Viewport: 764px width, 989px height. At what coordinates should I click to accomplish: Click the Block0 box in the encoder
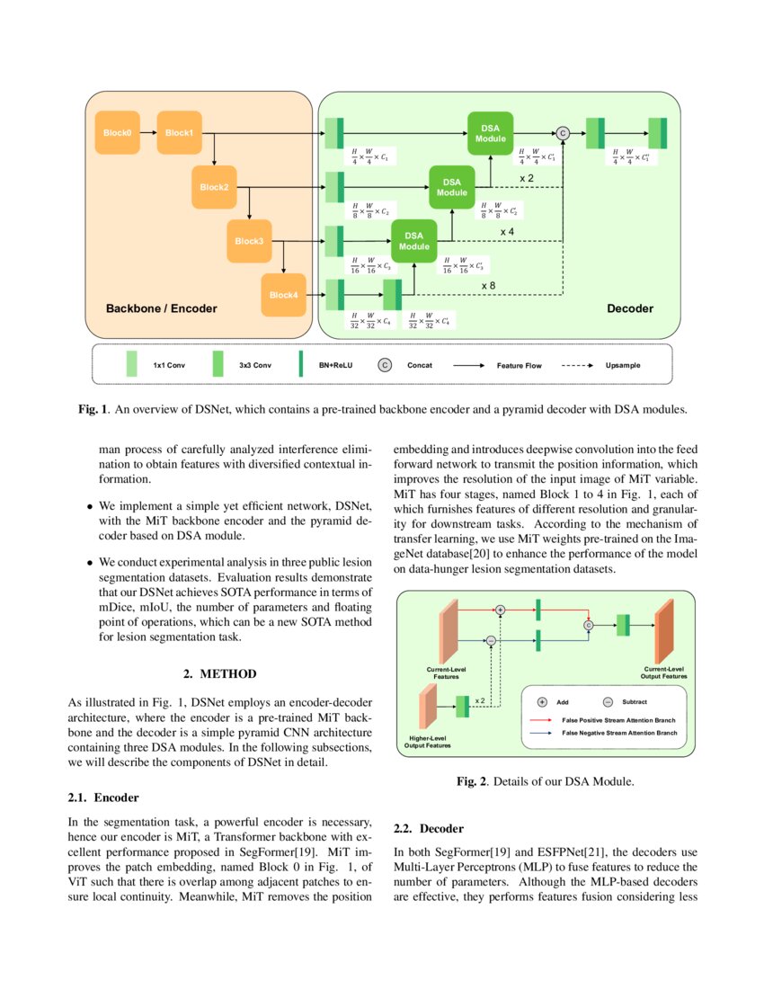117,133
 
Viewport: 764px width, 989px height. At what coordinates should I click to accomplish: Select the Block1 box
179,133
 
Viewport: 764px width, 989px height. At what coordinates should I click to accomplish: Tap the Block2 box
214,187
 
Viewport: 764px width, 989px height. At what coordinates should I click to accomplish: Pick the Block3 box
249,241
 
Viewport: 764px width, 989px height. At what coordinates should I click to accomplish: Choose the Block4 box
284,295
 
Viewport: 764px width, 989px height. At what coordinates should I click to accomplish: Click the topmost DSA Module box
490,133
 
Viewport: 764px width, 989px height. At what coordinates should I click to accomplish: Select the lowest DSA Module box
413,241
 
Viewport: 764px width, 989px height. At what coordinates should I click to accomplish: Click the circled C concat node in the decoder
563,133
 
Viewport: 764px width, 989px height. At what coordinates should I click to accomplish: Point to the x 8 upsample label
488,285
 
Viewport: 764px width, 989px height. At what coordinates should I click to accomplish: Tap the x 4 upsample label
507,231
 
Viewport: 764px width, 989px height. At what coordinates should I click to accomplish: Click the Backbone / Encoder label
162,308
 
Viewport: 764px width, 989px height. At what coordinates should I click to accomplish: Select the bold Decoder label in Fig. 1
630,308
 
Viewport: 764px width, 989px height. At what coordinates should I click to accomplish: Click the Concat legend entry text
420,366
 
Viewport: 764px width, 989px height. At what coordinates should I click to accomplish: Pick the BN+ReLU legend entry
337,366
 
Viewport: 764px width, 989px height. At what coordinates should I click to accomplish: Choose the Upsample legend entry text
623,366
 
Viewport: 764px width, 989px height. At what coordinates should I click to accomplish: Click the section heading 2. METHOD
220,673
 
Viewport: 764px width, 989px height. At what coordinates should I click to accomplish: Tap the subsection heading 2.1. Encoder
103,797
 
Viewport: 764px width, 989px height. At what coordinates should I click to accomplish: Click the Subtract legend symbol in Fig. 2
607,701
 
